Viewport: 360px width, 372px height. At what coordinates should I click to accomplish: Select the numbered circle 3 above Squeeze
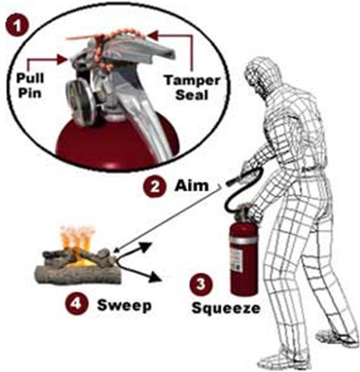(201, 284)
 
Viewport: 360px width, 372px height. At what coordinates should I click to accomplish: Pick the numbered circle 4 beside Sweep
(77, 304)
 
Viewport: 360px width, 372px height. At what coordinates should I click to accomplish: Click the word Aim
(192, 185)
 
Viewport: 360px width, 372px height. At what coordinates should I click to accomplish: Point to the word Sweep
(124, 306)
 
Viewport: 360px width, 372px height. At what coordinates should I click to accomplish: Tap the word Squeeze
(226, 309)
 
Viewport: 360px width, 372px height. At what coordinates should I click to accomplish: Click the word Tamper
(192, 81)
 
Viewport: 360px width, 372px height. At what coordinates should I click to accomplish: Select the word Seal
(192, 95)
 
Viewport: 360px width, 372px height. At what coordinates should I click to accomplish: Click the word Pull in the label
(30, 78)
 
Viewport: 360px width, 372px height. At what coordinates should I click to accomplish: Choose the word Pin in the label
(30, 93)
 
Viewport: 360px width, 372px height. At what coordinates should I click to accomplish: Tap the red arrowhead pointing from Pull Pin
(62, 59)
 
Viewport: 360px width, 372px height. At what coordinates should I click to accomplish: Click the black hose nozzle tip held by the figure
(230, 182)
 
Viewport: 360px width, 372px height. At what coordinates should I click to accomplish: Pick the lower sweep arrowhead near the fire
(156, 277)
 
